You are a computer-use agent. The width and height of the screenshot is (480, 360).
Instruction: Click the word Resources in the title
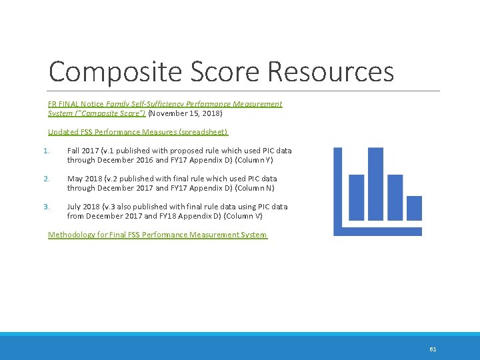(331, 72)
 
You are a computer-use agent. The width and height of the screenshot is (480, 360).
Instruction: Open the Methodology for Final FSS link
(157, 235)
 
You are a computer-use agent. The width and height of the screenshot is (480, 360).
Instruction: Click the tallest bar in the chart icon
(375, 184)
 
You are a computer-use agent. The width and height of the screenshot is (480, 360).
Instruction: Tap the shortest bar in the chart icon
(414, 207)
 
